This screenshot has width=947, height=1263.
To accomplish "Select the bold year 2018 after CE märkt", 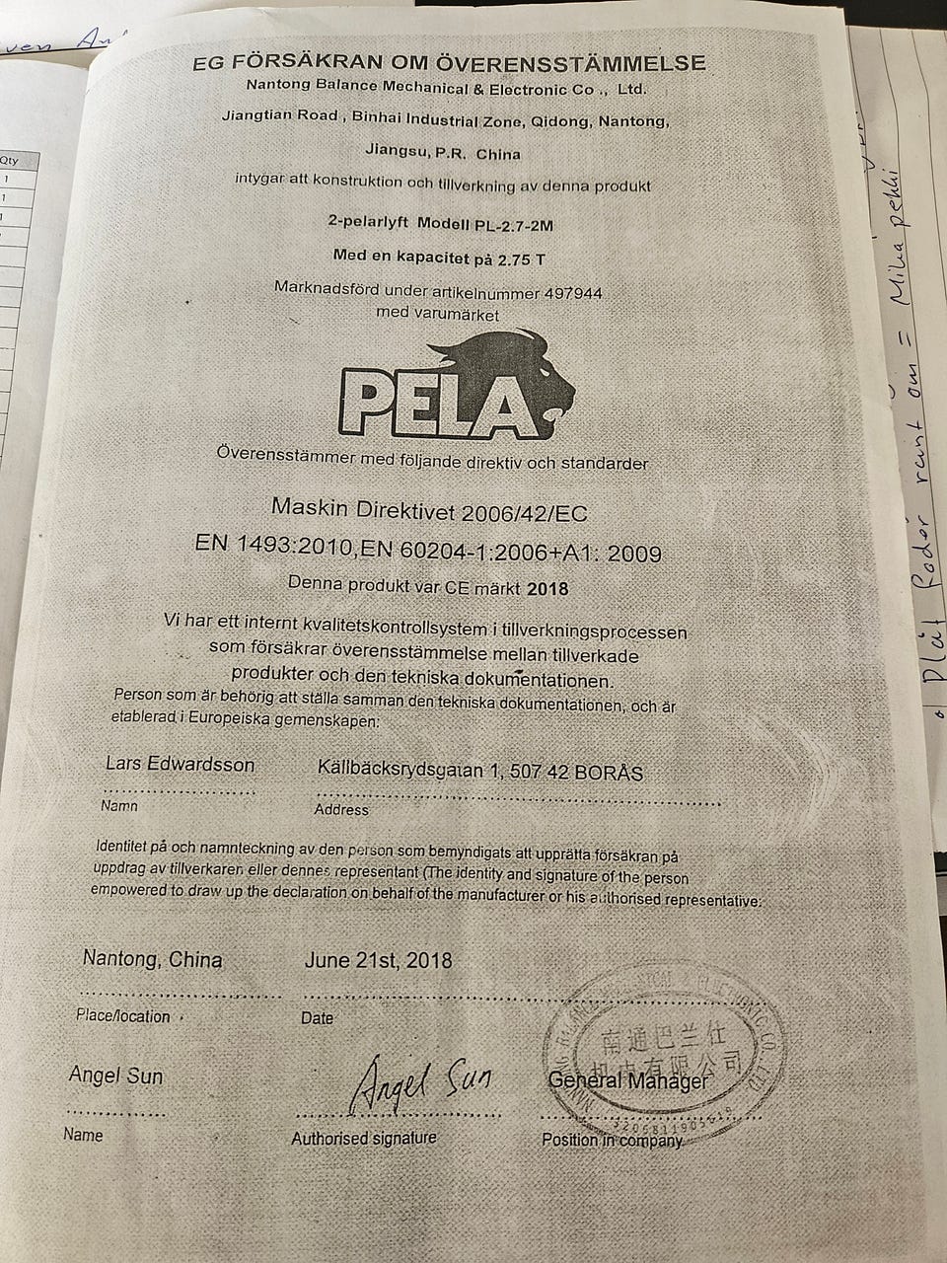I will pos(548,588).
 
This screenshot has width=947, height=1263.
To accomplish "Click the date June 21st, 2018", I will pos(379,959).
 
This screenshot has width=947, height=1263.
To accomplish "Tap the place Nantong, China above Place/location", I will pos(153,959).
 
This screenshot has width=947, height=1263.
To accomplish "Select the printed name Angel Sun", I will pos(115,1076).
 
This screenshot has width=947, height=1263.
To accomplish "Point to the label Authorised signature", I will pos(363,1138).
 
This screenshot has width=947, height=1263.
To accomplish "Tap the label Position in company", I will pos(612,1140).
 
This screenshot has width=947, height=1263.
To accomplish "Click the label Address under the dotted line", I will pos(341,810).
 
